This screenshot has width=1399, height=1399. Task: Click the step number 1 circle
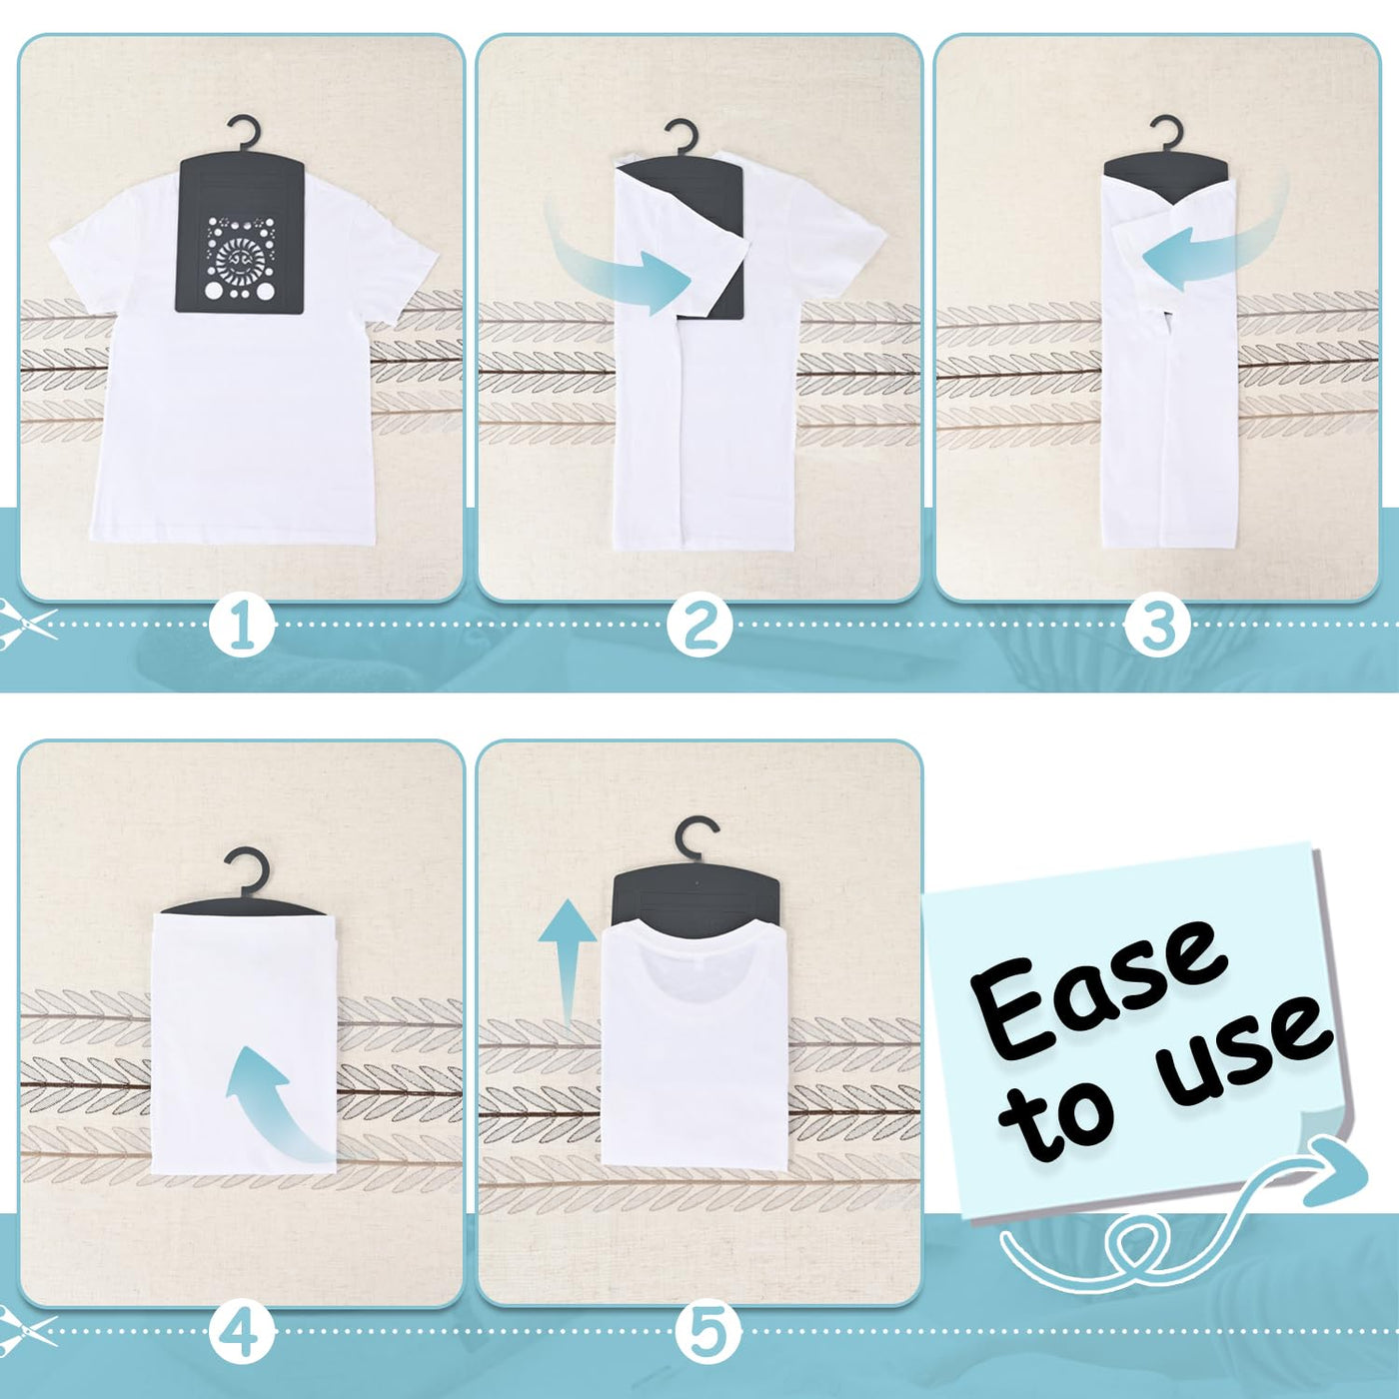click(243, 625)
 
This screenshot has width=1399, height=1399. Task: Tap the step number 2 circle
click(699, 625)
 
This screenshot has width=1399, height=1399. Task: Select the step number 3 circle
click(1157, 625)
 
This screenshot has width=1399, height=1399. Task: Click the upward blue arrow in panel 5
click(567, 959)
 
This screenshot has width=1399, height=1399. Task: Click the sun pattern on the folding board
click(240, 259)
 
